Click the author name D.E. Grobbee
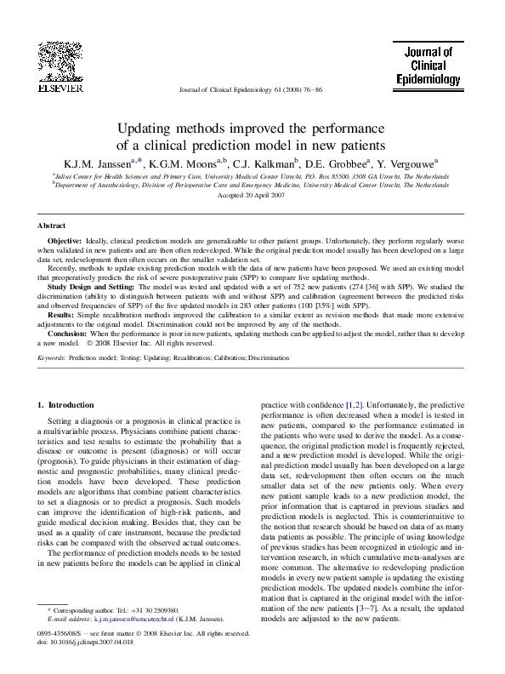click(336, 163)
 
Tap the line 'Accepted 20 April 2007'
click(252, 195)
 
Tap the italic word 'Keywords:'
click(52, 359)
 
